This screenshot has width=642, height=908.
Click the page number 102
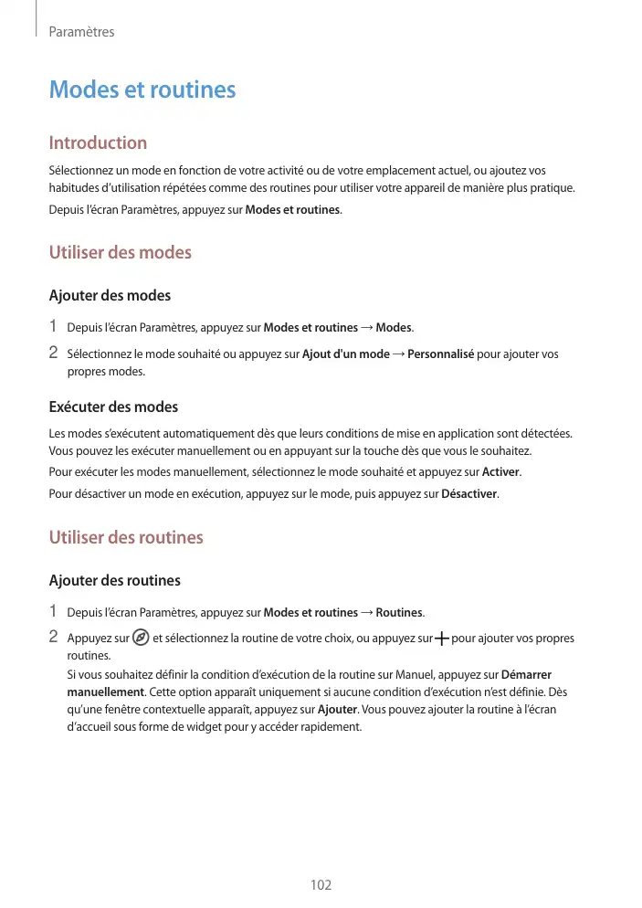(x=321, y=885)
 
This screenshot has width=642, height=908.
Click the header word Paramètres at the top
(x=81, y=32)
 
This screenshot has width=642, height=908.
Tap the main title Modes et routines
(x=142, y=90)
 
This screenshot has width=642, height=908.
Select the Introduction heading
(x=98, y=143)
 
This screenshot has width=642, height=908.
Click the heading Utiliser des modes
(x=120, y=252)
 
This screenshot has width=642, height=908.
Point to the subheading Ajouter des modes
(x=110, y=296)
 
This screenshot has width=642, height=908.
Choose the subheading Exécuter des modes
(x=113, y=406)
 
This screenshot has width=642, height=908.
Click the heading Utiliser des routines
(x=126, y=537)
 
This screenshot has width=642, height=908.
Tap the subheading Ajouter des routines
(x=114, y=581)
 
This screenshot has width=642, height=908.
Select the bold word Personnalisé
(x=440, y=354)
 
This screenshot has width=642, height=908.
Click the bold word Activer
(x=500, y=471)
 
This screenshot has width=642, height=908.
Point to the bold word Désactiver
(x=469, y=494)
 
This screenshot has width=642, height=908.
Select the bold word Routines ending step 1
(x=399, y=612)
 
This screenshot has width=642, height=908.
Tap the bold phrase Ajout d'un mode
(x=345, y=354)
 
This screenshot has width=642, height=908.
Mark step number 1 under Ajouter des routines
(x=54, y=611)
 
